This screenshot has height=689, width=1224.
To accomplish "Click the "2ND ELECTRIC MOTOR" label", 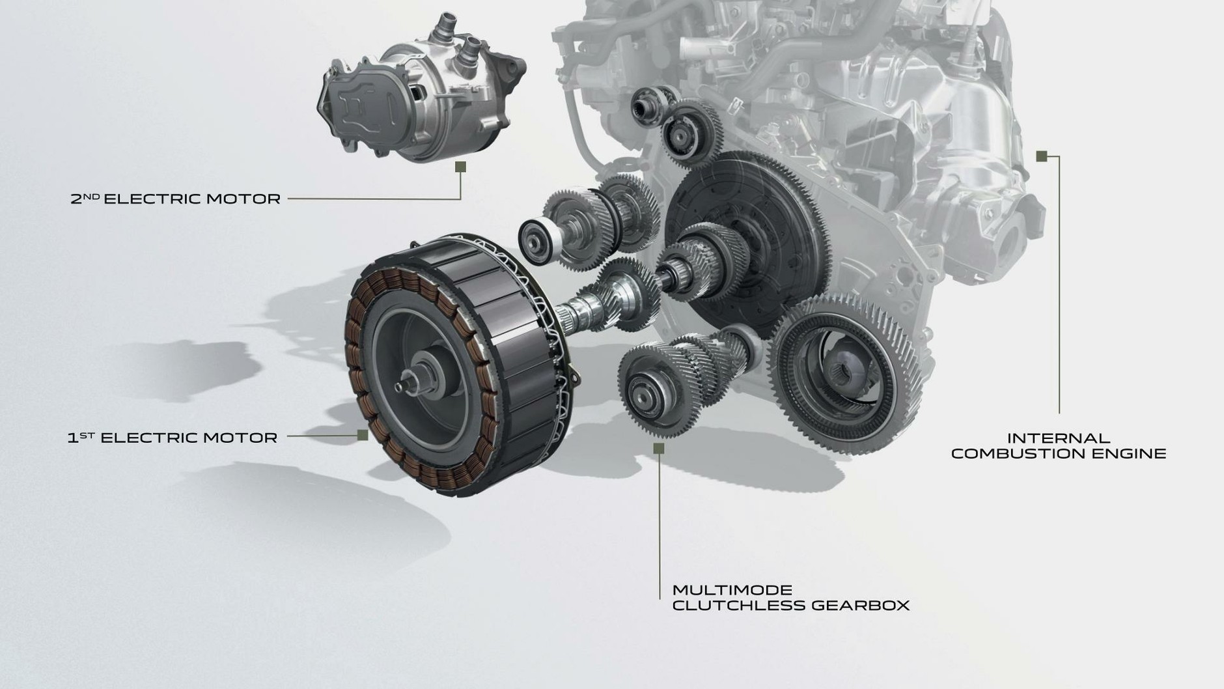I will point(176,199).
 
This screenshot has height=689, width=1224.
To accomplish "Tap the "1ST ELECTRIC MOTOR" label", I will point(173,438).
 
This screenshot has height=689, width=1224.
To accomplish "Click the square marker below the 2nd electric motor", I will point(460,167).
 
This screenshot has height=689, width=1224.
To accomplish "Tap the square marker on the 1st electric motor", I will point(363,435).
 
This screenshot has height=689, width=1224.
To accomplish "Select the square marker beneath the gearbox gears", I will point(658,447).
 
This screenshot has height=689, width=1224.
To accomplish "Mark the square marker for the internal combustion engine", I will point(1041,156).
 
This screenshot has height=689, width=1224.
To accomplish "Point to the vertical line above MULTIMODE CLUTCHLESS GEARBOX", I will point(659,521).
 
